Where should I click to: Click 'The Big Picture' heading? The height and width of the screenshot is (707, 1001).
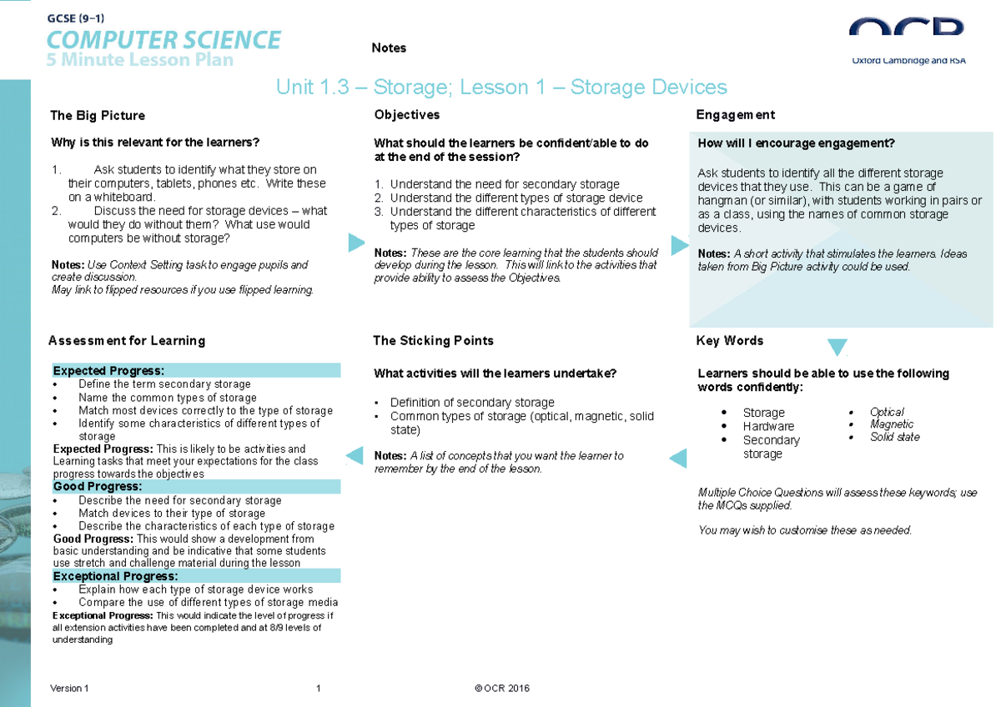(98, 116)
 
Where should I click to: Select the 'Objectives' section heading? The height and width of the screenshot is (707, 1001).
(407, 115)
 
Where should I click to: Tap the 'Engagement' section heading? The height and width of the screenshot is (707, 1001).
(735, 115)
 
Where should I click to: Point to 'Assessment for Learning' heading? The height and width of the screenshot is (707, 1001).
(127, 341)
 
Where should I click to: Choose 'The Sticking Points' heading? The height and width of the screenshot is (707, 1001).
(433, 341)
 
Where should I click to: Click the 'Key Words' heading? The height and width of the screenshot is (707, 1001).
(730, 341)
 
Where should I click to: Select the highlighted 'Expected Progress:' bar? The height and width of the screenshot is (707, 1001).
(196, 370)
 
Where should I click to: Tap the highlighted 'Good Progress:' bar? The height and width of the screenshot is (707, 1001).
(196, 486)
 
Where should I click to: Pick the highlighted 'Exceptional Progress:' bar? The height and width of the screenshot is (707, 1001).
(196, 576)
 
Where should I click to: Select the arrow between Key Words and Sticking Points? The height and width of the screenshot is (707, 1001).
(678, 457)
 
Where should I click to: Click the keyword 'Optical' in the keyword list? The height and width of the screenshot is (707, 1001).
(887, 412)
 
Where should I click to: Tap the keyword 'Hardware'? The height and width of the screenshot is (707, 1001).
(768, 426)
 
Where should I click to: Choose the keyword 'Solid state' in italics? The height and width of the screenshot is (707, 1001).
(895, 437)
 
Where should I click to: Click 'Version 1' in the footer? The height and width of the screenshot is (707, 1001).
(69, 689)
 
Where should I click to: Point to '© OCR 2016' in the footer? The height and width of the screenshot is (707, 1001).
(502, 689)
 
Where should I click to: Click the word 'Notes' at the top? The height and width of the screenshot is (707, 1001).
(389, 48)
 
